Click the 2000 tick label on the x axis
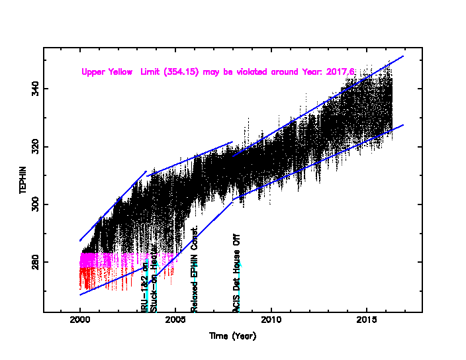pos(80,320)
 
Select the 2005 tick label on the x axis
pos(175,320)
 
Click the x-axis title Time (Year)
pos(232,336)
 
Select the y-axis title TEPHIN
pos(23,180)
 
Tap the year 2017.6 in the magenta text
pos(342,71)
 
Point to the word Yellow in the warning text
pos(122,71)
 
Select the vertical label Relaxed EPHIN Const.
pos(195,269)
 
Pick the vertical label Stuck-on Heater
pos(154,284)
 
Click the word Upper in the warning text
pos(93,71)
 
